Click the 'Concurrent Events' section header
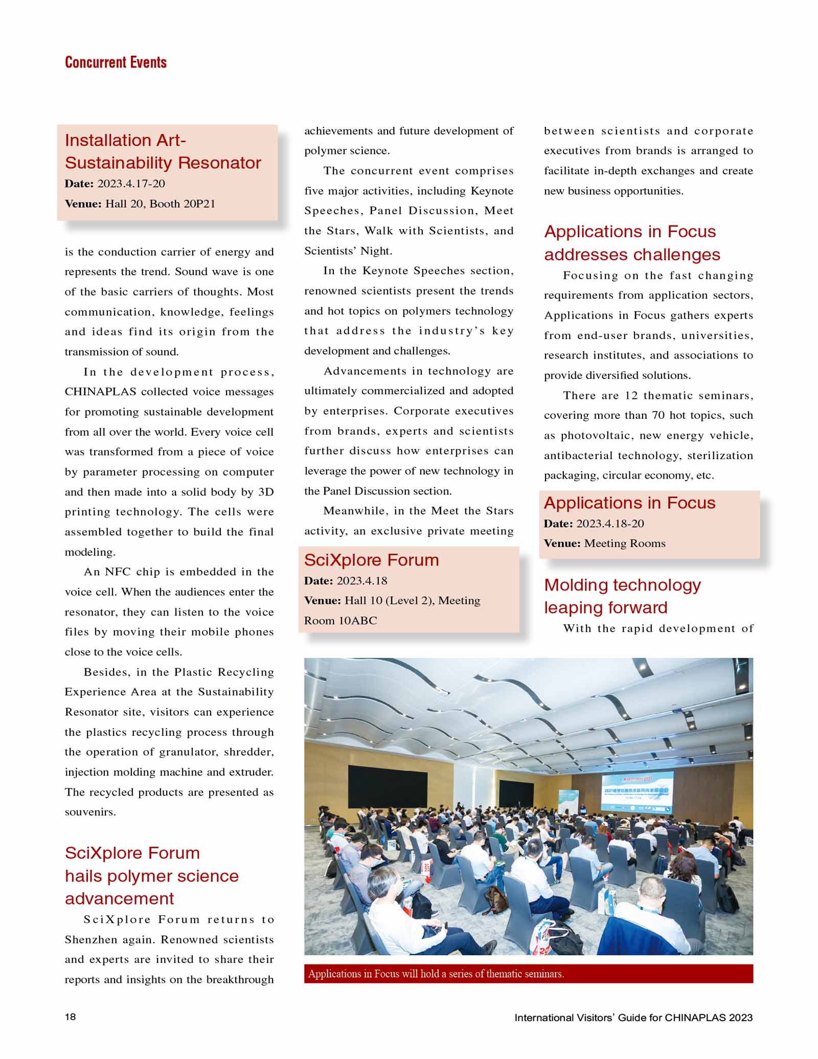point(116,62)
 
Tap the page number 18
point(70,1017)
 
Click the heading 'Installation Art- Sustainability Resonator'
point(163,151)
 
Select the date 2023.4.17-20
point(131,184)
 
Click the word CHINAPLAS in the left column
point(100,392)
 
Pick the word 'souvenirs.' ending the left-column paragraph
point(90,812)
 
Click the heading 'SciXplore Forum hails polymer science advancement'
point(151,875)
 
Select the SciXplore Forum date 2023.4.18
point(362,581)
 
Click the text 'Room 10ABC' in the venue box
point(340,620)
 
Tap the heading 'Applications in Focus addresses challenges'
point(632,243)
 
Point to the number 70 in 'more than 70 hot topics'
point(658,415)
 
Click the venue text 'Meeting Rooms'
point(625,543)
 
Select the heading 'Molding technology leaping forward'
point(622,596)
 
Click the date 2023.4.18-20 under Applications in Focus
point(610,524)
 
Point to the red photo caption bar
point(528,974)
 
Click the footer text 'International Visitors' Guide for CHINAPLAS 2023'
point(633,1018)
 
